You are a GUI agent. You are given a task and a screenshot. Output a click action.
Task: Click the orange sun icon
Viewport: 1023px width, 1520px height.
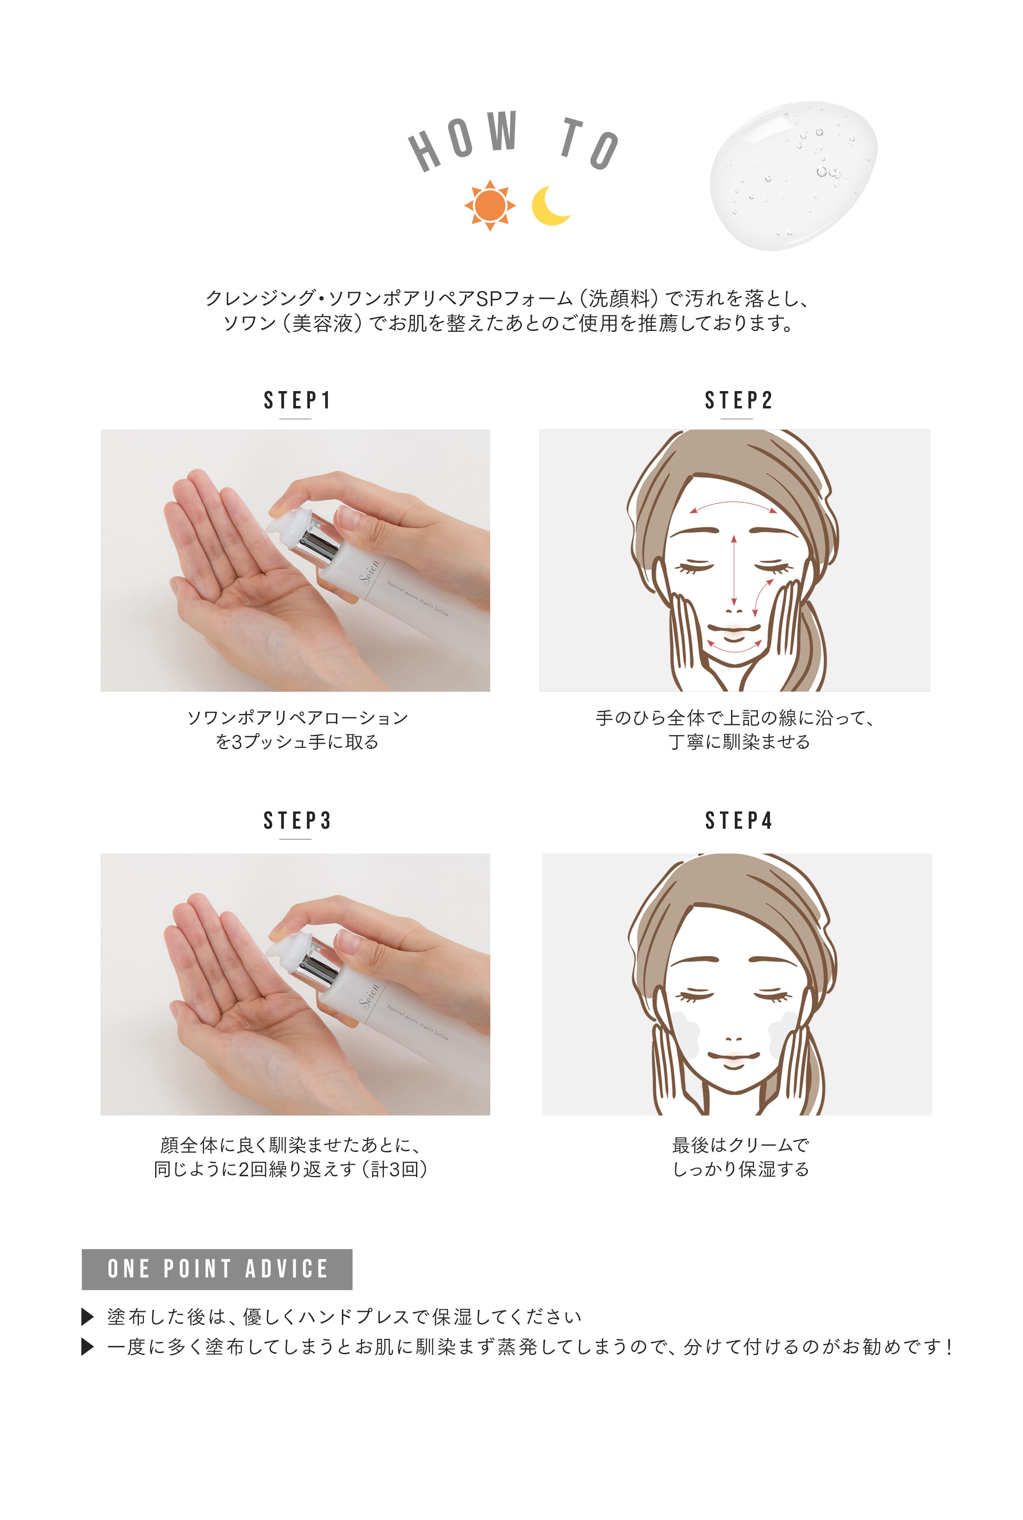pyautogui.click(x=489, y=206)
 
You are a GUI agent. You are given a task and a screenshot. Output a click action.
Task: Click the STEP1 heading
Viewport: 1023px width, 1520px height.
pyautogui.click(x=297, y=400)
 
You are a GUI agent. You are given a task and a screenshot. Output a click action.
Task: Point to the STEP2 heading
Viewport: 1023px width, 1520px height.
pyautogui.click(x=739, y=400)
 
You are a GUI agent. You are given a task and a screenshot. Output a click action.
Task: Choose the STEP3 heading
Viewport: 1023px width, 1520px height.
pyautogui.click(x=297, y=821)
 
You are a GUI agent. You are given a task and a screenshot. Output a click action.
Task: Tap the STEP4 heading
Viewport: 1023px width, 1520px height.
pyautogui.click(x=739, y=821)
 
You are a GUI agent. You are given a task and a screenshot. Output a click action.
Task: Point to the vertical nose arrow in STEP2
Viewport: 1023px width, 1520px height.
pyautogui.click(x=734, y=569)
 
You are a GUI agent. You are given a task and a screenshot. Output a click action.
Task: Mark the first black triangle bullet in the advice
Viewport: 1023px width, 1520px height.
pyautogui.click(x=87, y=1317)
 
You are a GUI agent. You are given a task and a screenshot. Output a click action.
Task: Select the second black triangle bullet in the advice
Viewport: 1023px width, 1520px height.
pyautogui.click(x=87, y=1346)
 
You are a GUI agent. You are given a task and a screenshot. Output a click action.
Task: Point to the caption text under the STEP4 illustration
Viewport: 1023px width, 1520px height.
pyautogui.click(x=740, y=1157)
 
